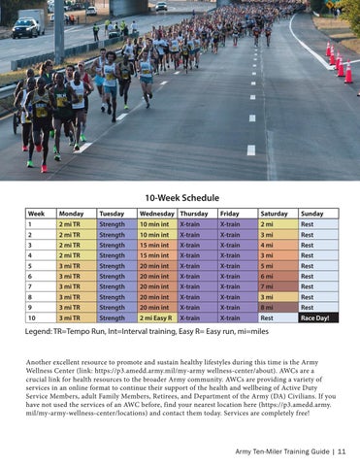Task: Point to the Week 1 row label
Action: (x=39, y=223)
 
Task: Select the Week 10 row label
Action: (x=39, y=317)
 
